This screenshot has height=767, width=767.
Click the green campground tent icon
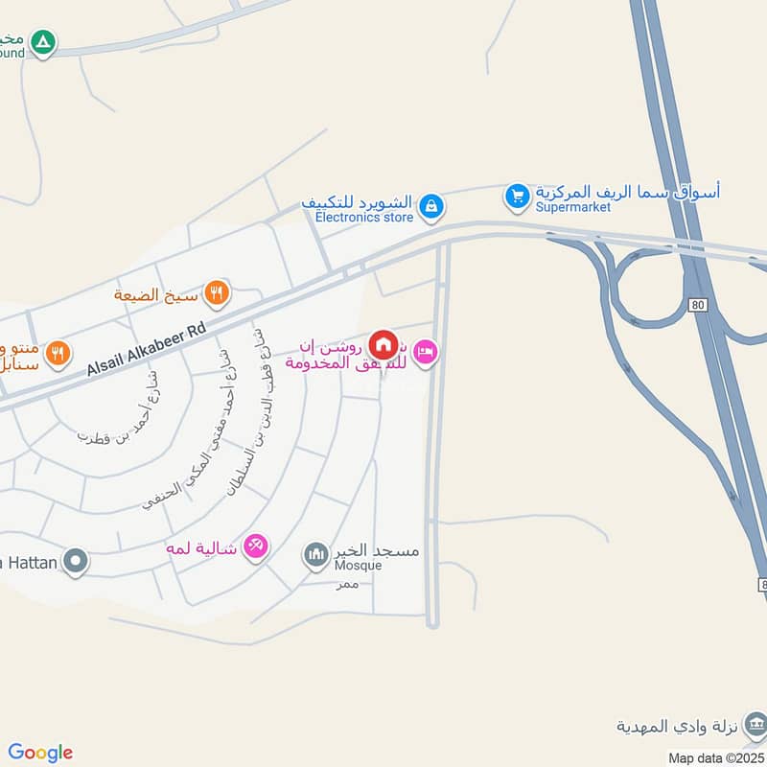[x=42, y=41]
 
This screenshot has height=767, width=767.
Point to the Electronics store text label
[x=364, y=218]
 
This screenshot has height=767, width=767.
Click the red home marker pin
[x=383, y=343]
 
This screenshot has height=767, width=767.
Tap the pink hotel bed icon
[x=428, y=353]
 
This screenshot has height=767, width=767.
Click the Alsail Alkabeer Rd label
[x=146, y=349]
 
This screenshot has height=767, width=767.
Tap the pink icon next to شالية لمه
[x=255, y=546]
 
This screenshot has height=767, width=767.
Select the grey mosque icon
[x=315, y=553]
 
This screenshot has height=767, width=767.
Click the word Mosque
[x=358, y=566]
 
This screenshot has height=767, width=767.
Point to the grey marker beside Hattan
[x=75, y=561]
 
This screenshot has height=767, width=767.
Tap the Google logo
[x=40, y=753]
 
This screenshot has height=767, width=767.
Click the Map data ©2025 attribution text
[x=715, y=758]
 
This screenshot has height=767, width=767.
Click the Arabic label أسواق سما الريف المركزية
[x=628, y=191]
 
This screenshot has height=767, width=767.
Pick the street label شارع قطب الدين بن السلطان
[x=244, y=412]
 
